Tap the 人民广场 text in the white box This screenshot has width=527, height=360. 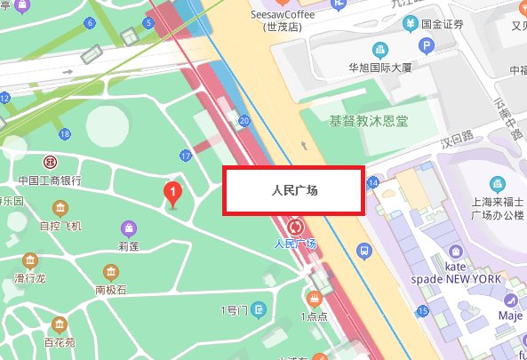(x=292, y=191)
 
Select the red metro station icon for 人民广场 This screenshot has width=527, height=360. (x=294, y=226)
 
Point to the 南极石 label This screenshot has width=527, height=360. (x=111, y=290)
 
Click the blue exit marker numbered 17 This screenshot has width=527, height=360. (x=185, y=156)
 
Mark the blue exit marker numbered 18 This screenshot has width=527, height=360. (x=64, y=134)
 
